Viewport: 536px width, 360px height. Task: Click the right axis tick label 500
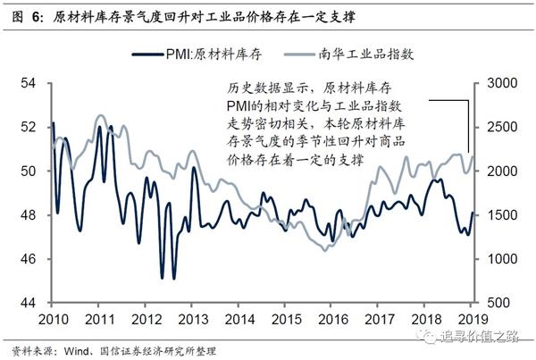tap(501, 303)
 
